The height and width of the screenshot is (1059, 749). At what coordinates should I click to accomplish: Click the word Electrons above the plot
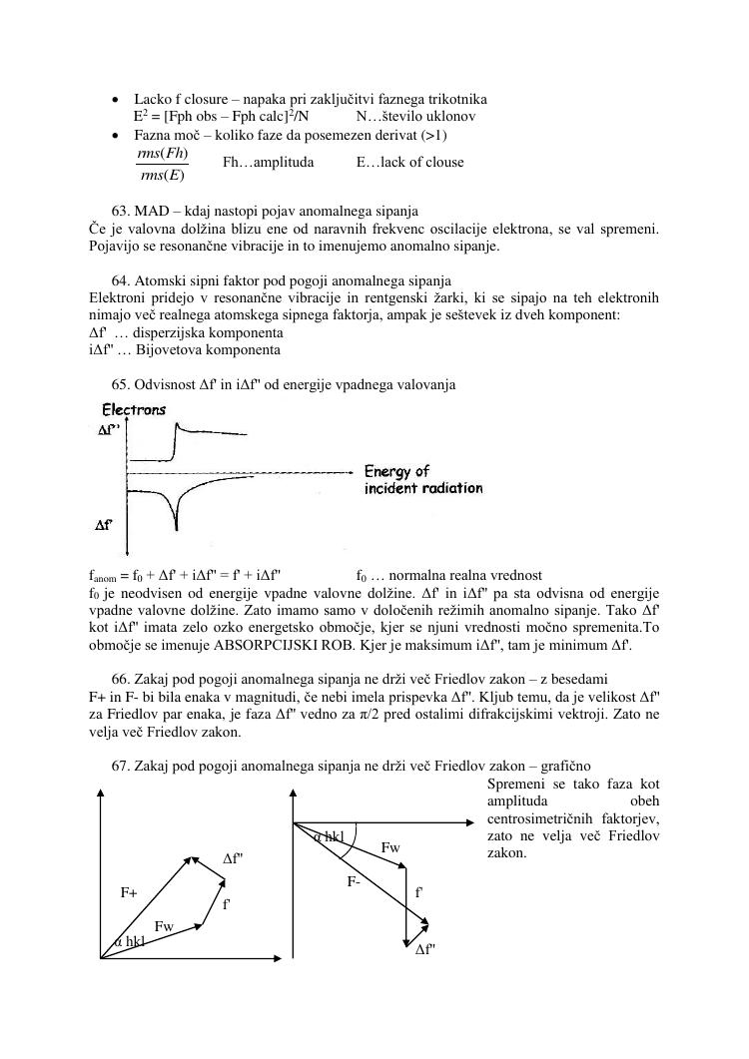pyautogui.click(x=135, y=409)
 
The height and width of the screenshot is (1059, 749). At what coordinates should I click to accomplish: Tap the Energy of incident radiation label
pyautogui.click(x=422, y=480)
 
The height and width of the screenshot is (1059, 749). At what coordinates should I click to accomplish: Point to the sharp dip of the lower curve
pyautogui.click(x=177, y=521)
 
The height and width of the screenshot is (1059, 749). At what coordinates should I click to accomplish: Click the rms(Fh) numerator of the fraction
pyautogui.click(x=162, y=153)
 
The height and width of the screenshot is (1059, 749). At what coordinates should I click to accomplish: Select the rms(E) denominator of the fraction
pyautogui.click(x=162, y=176)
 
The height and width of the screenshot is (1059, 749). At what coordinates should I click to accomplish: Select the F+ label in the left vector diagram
pyautogui.click(x=129, y=893)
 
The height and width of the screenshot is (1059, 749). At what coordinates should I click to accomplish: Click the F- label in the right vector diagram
pyautogui.click(x=355, y=881)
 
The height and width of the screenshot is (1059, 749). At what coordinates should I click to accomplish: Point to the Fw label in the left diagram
pyautogui.click(x=164, y=926)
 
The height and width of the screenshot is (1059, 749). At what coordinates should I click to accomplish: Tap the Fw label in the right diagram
pyautogui.click(x=390, y=848)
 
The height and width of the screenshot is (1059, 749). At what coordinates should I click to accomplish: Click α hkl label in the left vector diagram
pyautogui.click(x=128, y=941)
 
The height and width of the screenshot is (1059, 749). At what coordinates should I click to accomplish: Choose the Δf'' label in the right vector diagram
pyautogui.click(x=425, y=950)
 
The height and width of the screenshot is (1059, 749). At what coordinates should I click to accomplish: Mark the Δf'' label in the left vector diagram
pyautogui.click(x=232, y=858)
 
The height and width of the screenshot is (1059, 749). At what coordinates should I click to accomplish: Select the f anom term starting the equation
pyautogui.click(x=103, y=576)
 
